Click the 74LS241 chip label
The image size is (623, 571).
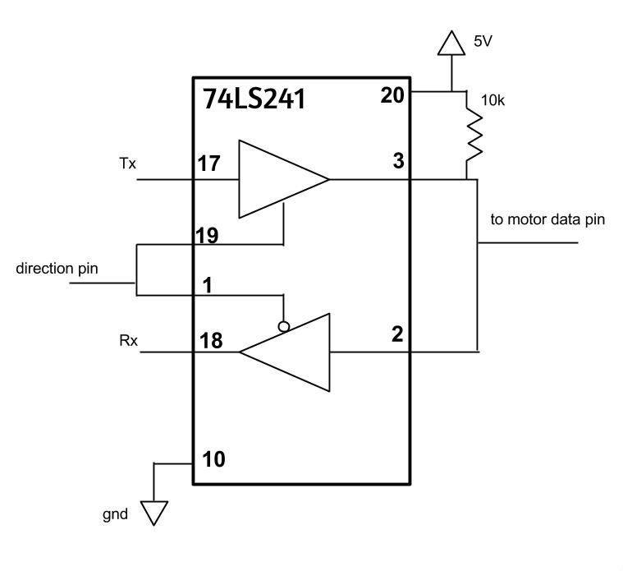[254, 99]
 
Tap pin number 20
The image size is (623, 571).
[392, 95]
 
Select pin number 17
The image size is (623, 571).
[209, 163]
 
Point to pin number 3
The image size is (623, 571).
[399, 161]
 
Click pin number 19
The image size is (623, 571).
[207, 236]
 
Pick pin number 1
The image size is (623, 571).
[208, 285]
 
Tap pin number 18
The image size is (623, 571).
[211, 341]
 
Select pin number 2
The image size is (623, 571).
[398, 334]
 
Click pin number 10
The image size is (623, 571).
[213, 459]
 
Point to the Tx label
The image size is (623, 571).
[127, 163]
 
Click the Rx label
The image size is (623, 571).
[128, 341]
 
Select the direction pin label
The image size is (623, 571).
[57, 269]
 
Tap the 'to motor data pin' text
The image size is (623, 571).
[547, 220]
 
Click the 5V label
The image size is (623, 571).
[483, 41]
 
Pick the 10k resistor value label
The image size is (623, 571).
[492, 100]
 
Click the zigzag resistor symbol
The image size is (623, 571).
[474, 136]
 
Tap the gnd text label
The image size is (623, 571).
[115, 515]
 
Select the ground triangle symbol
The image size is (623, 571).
[153, 513]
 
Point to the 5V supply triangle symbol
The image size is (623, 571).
[451, 43]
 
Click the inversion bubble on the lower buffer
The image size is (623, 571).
[284, 327]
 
